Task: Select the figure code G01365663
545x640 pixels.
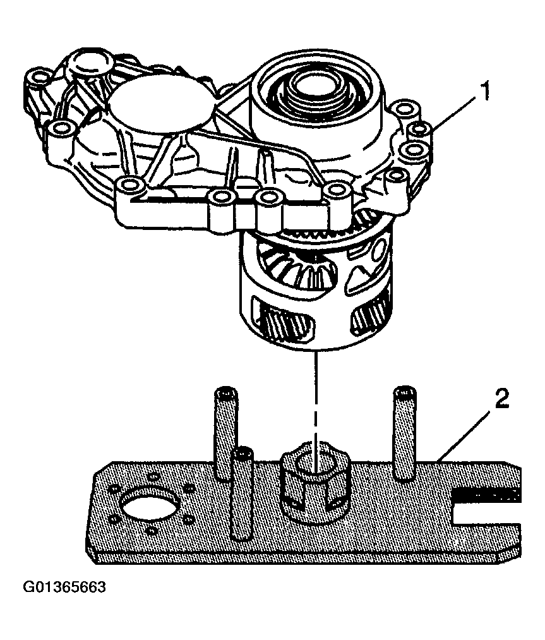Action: coord(64,588)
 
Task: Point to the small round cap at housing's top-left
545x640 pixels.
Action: coord(88,64)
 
